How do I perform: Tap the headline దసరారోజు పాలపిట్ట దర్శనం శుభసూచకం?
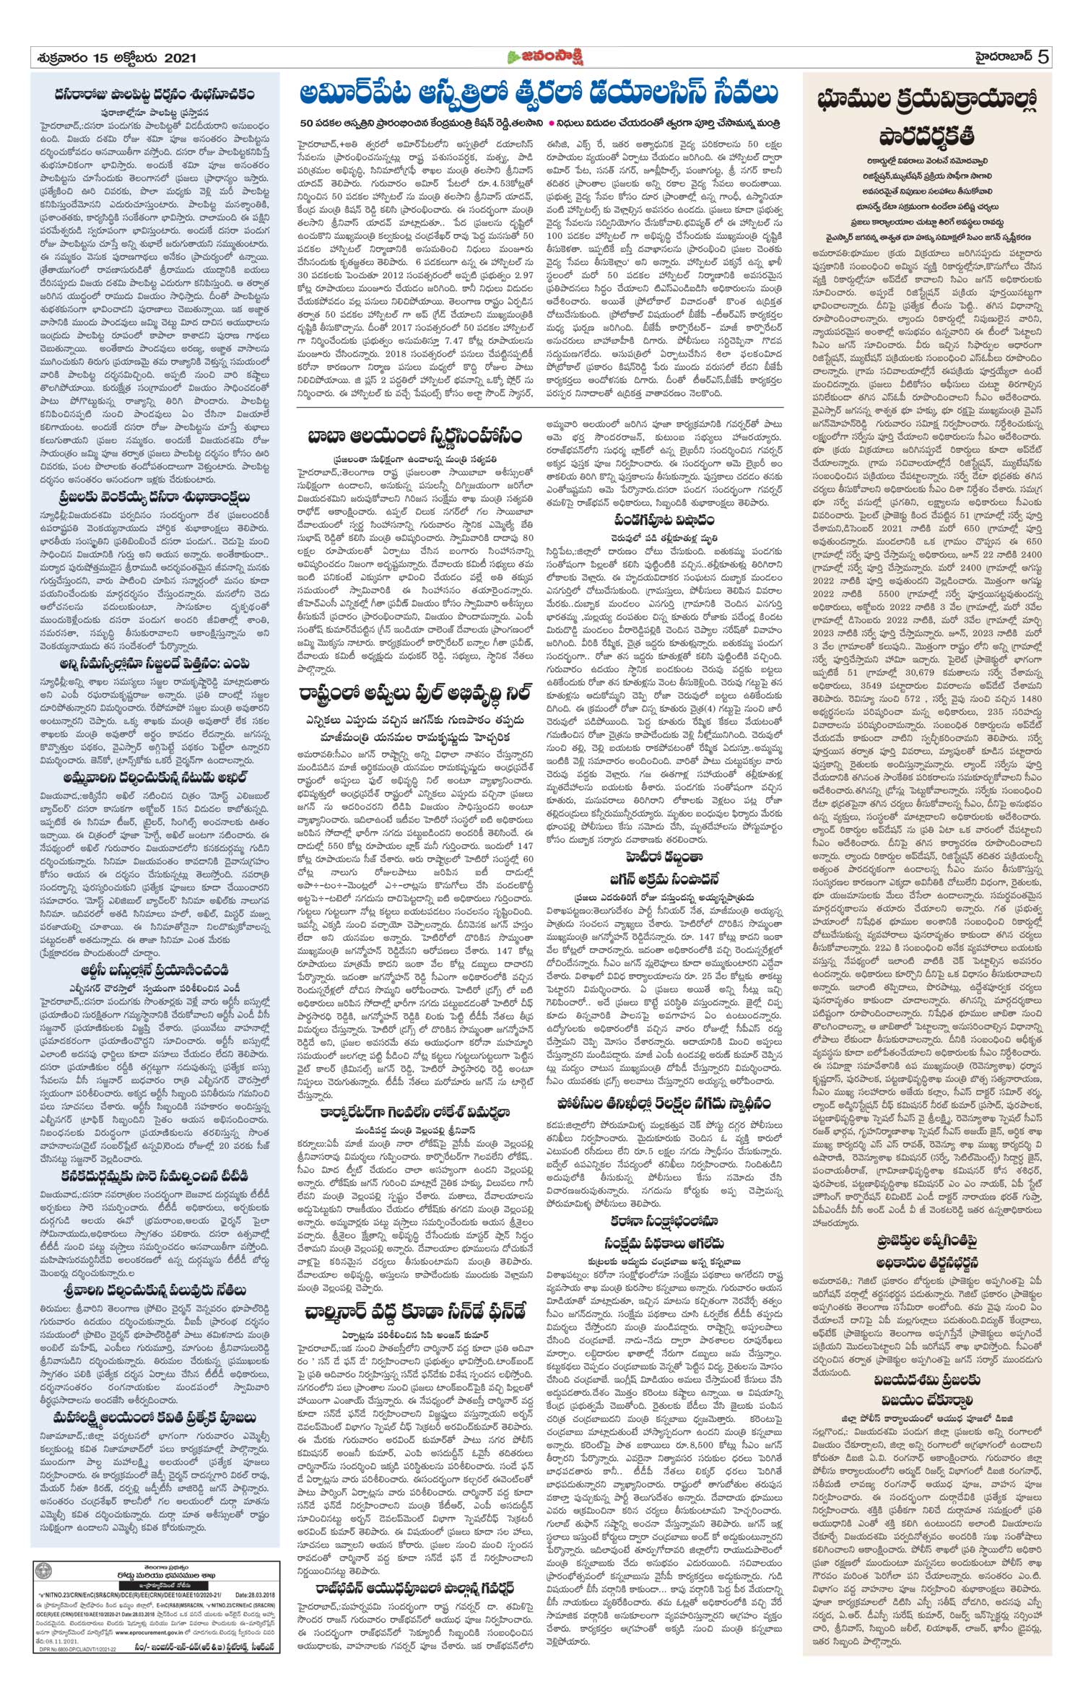click(155, 94)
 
